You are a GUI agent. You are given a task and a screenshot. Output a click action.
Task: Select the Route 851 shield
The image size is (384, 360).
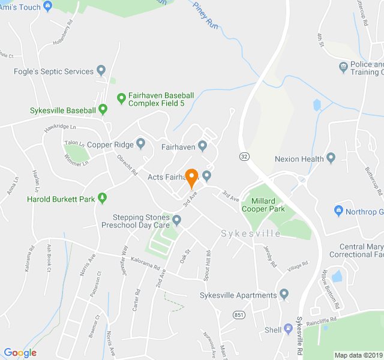(x=238, y=315)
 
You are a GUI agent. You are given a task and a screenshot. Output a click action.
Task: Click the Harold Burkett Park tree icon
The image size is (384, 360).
(x=102, y=197)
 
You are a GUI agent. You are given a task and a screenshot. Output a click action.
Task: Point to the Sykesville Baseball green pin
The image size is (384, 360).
(x=103, y=109)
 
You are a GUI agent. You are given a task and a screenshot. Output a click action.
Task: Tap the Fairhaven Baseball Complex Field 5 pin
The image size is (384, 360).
(x=121, y=96)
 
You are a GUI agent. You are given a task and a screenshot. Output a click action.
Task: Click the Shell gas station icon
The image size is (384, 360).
(x=288, y=329)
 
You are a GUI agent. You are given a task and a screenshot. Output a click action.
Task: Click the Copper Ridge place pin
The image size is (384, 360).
(x=140, y=143)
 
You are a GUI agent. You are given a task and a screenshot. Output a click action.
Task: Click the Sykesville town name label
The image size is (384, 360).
(x=250, y=233)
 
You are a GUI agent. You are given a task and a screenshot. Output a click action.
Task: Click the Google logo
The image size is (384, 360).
(x=20, y=353)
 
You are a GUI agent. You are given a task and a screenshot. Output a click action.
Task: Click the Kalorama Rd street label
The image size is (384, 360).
(x=146, y=263)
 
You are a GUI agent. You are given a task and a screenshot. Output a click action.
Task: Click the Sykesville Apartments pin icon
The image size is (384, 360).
(x=284, y=294)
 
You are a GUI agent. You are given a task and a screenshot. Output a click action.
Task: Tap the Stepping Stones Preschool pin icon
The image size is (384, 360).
(x=176, y=219)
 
